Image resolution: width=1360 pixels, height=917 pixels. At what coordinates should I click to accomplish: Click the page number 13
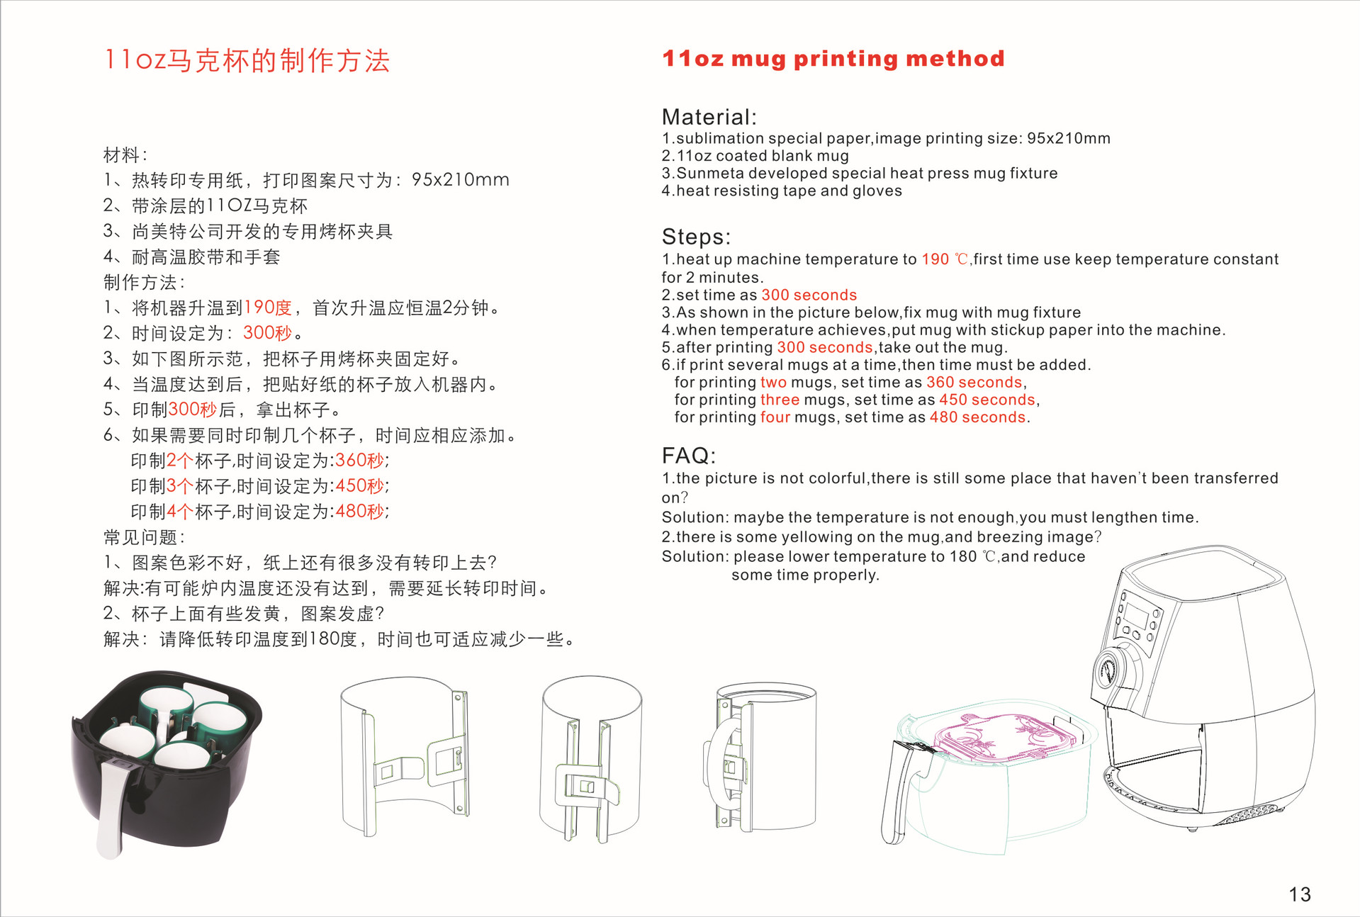click(1300, 894)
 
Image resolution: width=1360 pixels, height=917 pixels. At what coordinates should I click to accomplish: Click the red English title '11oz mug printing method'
click(833, 59)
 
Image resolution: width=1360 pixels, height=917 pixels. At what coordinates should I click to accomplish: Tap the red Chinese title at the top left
click(247, 60)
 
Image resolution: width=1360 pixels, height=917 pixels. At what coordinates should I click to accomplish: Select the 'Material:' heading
click(709, 117)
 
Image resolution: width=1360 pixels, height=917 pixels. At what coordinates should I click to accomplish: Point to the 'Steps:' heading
click(696, 237)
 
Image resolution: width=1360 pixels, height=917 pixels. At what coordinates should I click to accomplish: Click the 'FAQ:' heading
click(689, 456)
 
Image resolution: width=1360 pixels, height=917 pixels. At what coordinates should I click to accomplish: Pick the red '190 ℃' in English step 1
click(945, 259)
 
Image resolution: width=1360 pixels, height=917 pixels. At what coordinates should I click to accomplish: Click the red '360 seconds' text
click(974, 383)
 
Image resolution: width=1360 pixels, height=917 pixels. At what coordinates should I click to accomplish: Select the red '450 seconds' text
click(987, 400)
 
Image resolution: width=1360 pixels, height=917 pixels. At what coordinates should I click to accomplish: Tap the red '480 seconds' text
click(978, 417)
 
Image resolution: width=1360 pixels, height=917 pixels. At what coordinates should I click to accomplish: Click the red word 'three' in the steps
click(780, 400)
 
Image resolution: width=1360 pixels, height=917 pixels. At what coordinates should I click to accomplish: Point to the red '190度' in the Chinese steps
click(268, 308)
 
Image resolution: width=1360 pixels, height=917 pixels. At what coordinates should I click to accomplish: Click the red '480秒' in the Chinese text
click(360, 512)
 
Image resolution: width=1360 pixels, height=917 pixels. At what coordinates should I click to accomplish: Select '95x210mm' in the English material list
click(1069, 138)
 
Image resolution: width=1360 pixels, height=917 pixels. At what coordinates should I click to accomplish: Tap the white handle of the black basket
click(113, 808)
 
